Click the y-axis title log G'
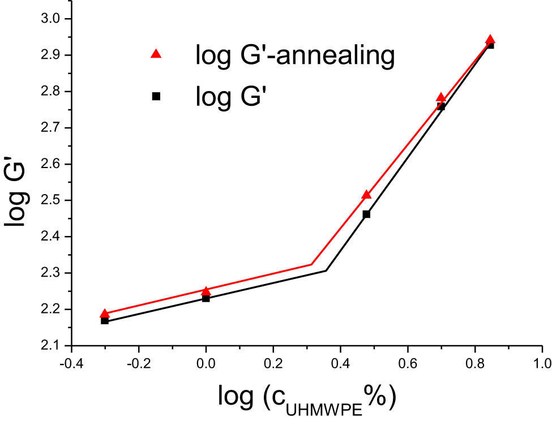[17, 183]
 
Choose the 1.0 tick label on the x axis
[542, 362]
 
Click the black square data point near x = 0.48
[366, 214]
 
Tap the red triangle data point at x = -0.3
[105, 313]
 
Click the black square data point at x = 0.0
[206, 298]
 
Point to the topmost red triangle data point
[490, 40]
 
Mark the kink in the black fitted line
[326, 270]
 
